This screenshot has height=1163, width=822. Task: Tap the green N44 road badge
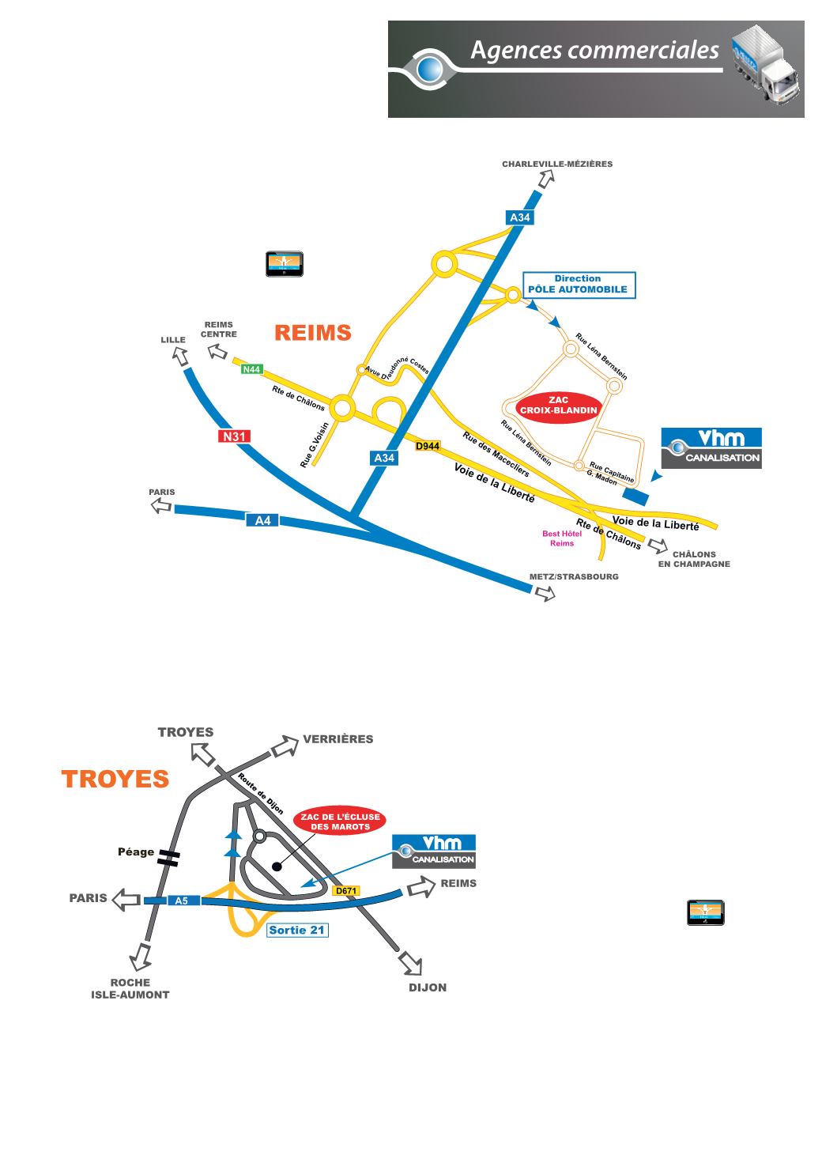coord(251,369)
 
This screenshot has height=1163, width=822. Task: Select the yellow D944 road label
coord(427,446)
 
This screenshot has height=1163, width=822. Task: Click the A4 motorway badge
coord(262,520)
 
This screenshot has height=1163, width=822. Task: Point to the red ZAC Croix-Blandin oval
coord(558,406)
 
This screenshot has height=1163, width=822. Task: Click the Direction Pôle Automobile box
coord(579,284)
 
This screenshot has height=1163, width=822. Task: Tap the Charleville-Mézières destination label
coord(557,164)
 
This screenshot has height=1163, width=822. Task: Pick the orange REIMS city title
coord(312,333)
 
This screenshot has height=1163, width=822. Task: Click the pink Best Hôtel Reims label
coord(562,538)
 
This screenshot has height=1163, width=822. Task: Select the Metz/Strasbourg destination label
coord(574,577)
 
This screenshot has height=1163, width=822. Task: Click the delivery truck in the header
coord(764,62)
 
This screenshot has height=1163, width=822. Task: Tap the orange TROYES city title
coord(115,779)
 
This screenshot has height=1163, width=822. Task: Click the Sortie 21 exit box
coord(296,930)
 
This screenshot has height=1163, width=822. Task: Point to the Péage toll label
coord(135,851)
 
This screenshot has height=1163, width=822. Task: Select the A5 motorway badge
coord(181,900)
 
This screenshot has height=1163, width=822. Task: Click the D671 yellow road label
coord(346,891)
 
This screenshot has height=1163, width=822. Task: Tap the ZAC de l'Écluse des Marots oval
coord(340,821)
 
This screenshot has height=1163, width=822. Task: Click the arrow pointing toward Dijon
coord(411,964)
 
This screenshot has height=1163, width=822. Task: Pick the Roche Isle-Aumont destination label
coord(130,989)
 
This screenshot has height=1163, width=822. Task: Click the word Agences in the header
coord(511,51)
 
